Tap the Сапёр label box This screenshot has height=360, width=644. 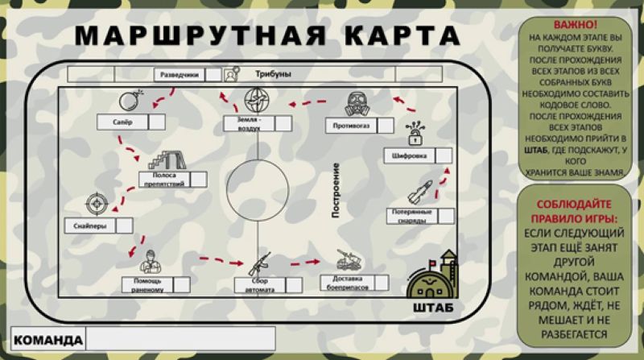122,122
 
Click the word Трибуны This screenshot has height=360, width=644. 273,74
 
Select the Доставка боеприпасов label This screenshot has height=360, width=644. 345,282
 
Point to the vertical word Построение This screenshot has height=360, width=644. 337,190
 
